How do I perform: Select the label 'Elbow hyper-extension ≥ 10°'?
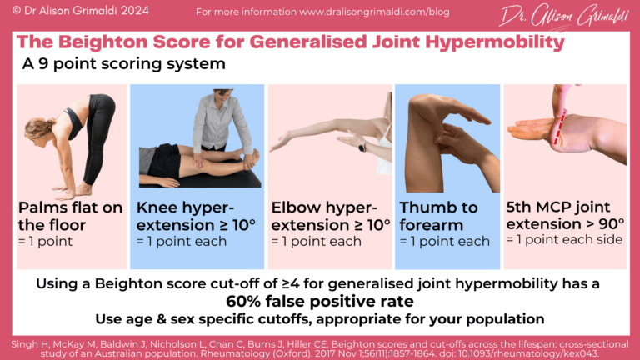pyautogui.click(x=330, y=216)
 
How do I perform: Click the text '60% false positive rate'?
pyautogui.click(x=321, y=302)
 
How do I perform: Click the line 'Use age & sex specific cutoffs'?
pyautogui.click(x=320, y=319)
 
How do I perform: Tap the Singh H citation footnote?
pyautogui.click(x=320, y=348)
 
